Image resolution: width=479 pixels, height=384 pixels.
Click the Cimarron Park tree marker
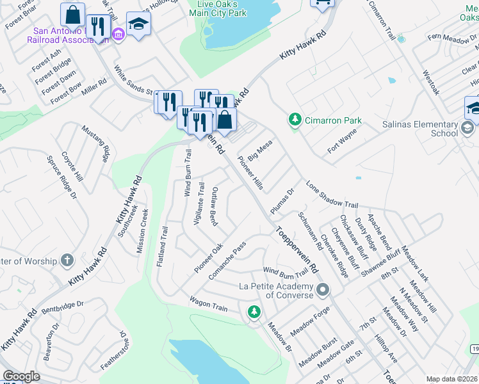[x=295, y=120]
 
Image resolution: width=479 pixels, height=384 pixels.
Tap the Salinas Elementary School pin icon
[x=469, y=130]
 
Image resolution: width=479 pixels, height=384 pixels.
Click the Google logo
[x=22, y=376]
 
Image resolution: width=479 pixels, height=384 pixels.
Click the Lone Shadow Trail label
[x=332, y=194]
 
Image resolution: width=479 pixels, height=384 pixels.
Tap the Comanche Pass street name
[x=227, y=260]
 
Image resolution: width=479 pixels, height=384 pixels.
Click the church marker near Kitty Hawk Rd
[x=67, y=260]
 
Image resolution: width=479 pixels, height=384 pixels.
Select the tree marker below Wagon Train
[x=254, y=312]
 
